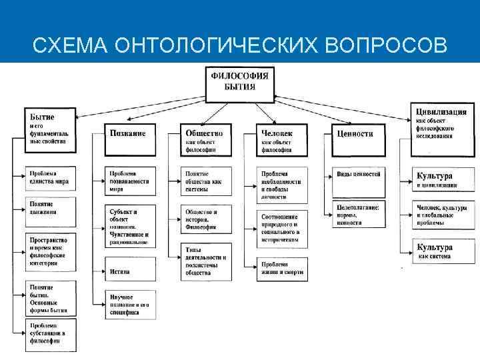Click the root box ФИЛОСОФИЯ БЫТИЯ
(240, 83)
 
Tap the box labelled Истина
(131, 271)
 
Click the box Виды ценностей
(358, 175)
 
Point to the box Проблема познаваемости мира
(131, 181)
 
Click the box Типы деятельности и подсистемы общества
(207, 261)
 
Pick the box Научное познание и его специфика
(131, 303)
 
